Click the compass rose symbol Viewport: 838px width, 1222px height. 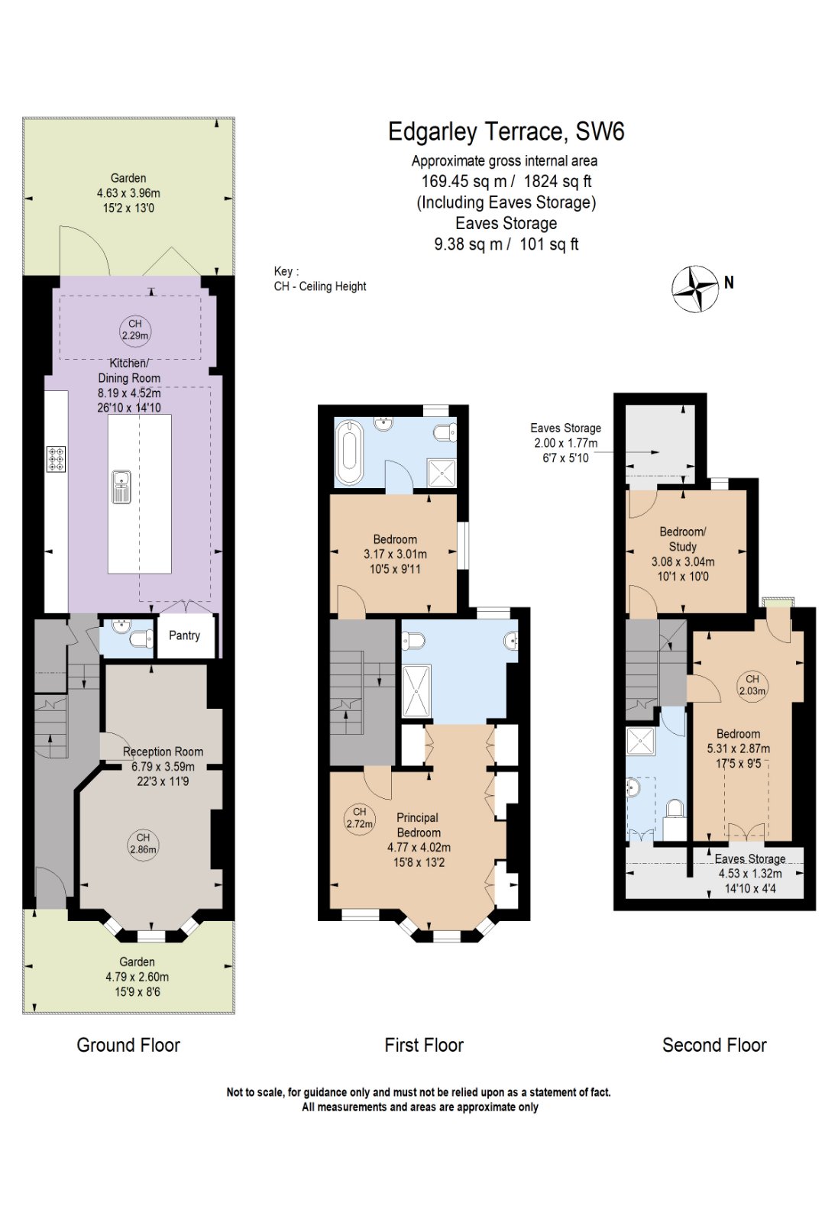695,289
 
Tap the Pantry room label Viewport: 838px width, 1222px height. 184,635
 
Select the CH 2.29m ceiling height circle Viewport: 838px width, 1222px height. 135,330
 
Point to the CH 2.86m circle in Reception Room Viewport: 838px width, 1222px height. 143,844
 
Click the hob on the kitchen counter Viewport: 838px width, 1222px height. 56,458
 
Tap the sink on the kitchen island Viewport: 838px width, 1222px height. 121,487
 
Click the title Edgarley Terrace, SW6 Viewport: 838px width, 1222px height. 506,132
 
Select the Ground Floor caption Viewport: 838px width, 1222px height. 128,1045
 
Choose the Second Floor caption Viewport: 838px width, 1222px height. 714,1045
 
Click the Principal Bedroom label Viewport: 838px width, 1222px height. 418,825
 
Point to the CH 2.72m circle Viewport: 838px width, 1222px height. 360,818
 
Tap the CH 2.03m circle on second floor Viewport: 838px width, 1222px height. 752,684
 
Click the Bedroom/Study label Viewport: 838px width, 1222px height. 682,539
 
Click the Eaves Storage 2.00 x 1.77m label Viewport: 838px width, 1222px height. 565,443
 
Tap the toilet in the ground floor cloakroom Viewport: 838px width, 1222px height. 140,638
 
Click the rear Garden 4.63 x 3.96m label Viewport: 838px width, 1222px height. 128,192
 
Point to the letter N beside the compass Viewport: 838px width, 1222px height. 729,283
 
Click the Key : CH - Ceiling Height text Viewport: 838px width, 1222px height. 319,279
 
